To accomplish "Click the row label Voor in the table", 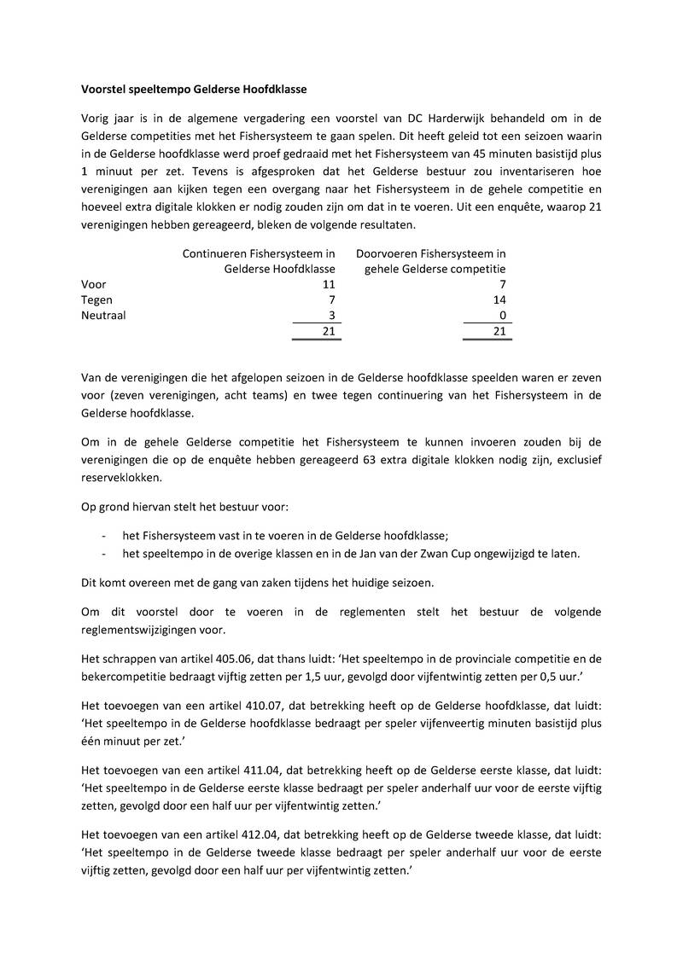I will [93, 284].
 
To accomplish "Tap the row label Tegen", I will [96, 299].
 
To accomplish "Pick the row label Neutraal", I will [103, 315].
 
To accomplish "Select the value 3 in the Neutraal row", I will [331, 315].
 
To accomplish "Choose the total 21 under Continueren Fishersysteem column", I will [328, 331].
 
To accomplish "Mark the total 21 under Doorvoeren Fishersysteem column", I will [499, 331].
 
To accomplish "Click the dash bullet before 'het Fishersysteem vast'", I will [102, 535].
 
